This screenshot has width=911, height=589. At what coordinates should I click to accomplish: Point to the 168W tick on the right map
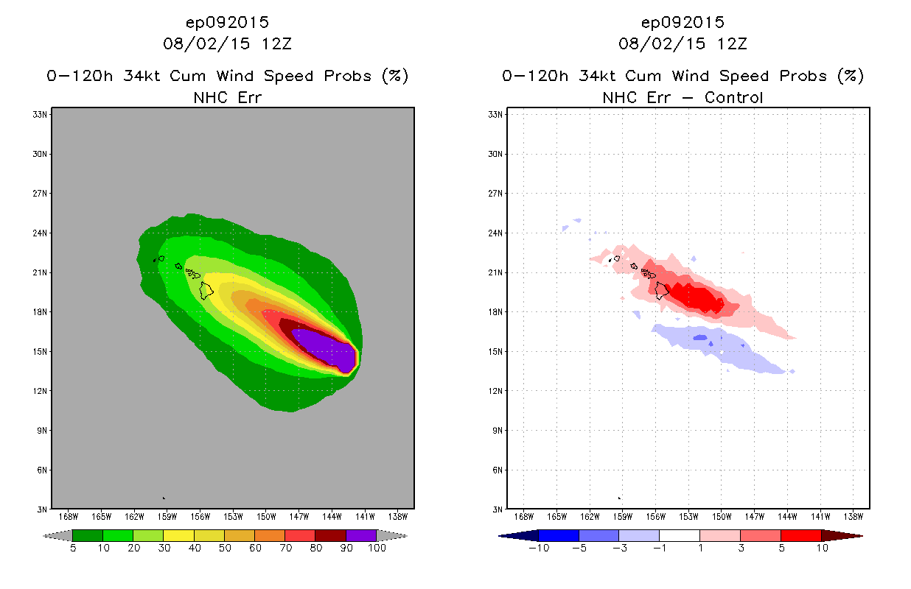click(524, 516)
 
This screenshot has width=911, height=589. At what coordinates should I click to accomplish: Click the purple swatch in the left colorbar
click(361, 535)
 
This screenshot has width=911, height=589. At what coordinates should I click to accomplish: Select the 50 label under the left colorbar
click(224, 549)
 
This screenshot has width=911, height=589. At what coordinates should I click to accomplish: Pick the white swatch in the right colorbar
click(679, 535)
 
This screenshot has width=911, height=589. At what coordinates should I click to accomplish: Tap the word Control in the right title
click(733, 97)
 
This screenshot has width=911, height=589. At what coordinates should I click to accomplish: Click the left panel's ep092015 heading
click(228, 22)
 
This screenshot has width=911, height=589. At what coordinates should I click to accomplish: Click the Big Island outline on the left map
click(206, 290)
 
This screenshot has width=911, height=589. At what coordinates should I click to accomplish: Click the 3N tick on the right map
click(498, 509)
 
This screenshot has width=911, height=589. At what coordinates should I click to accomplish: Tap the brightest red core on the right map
click(697, 298)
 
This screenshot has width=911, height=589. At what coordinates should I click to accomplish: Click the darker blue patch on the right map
click(699, 338)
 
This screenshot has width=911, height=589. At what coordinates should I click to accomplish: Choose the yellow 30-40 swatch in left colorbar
click(178, 535)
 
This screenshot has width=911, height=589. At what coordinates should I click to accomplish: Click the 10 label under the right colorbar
click(821, 549)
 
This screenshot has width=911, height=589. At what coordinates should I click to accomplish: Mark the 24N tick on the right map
click(496, 233)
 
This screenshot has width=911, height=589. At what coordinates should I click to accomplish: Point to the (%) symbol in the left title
click(396, 76)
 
